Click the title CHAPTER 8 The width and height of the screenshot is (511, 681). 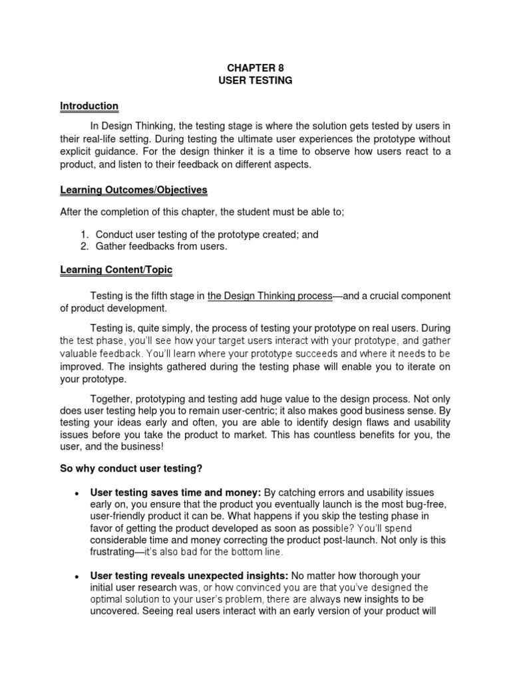tap(255, 67)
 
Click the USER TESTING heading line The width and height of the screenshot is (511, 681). tap(255, 80)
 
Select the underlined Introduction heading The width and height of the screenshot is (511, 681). tap(89, 106)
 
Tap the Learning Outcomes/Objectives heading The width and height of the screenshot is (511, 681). tap(134, 190)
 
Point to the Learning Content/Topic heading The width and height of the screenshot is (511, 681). tap(116, 269)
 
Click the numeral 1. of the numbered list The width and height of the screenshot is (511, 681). tap(85, 235)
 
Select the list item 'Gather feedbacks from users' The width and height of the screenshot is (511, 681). tap(161, 247)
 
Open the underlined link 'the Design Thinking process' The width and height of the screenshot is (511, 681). tap(269, 296)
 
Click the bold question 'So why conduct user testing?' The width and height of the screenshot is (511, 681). tap(131, 469)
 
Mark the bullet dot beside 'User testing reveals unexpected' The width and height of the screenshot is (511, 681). tap(79, 577)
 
